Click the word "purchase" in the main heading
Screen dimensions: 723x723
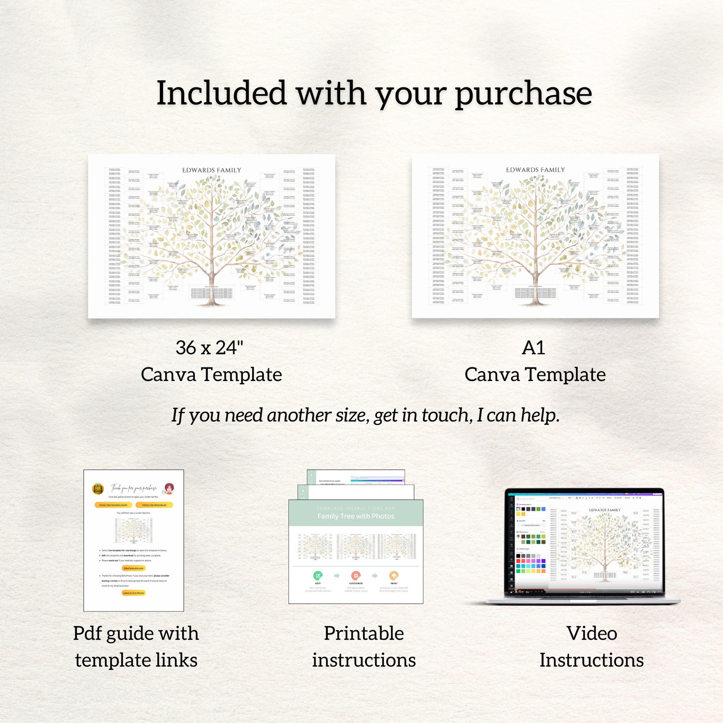point(523,94)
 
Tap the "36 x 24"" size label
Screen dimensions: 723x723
point(209,348)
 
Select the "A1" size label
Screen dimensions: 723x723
point(533,348)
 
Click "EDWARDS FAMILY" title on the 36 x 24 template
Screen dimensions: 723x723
point(212,170)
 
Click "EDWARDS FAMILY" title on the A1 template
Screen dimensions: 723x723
point(535,170)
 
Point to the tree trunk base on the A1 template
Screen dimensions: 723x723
point(535,300)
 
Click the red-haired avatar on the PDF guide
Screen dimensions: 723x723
point(169,489)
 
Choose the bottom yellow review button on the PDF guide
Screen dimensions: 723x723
point(133,593)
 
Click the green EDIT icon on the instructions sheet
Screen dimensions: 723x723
point(318,575)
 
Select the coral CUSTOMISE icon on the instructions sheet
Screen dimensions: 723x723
point(356,575)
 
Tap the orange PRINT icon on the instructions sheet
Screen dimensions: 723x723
point(394,575)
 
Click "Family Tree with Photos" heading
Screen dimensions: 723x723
point(356,516)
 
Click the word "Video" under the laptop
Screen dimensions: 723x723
point(591,633)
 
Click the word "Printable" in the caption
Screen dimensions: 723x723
point(364,633)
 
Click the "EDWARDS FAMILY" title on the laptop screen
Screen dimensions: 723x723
point(605,510)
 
